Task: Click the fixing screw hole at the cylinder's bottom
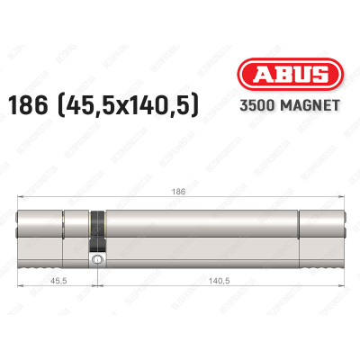pyautogui.click(x=95, y=260)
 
